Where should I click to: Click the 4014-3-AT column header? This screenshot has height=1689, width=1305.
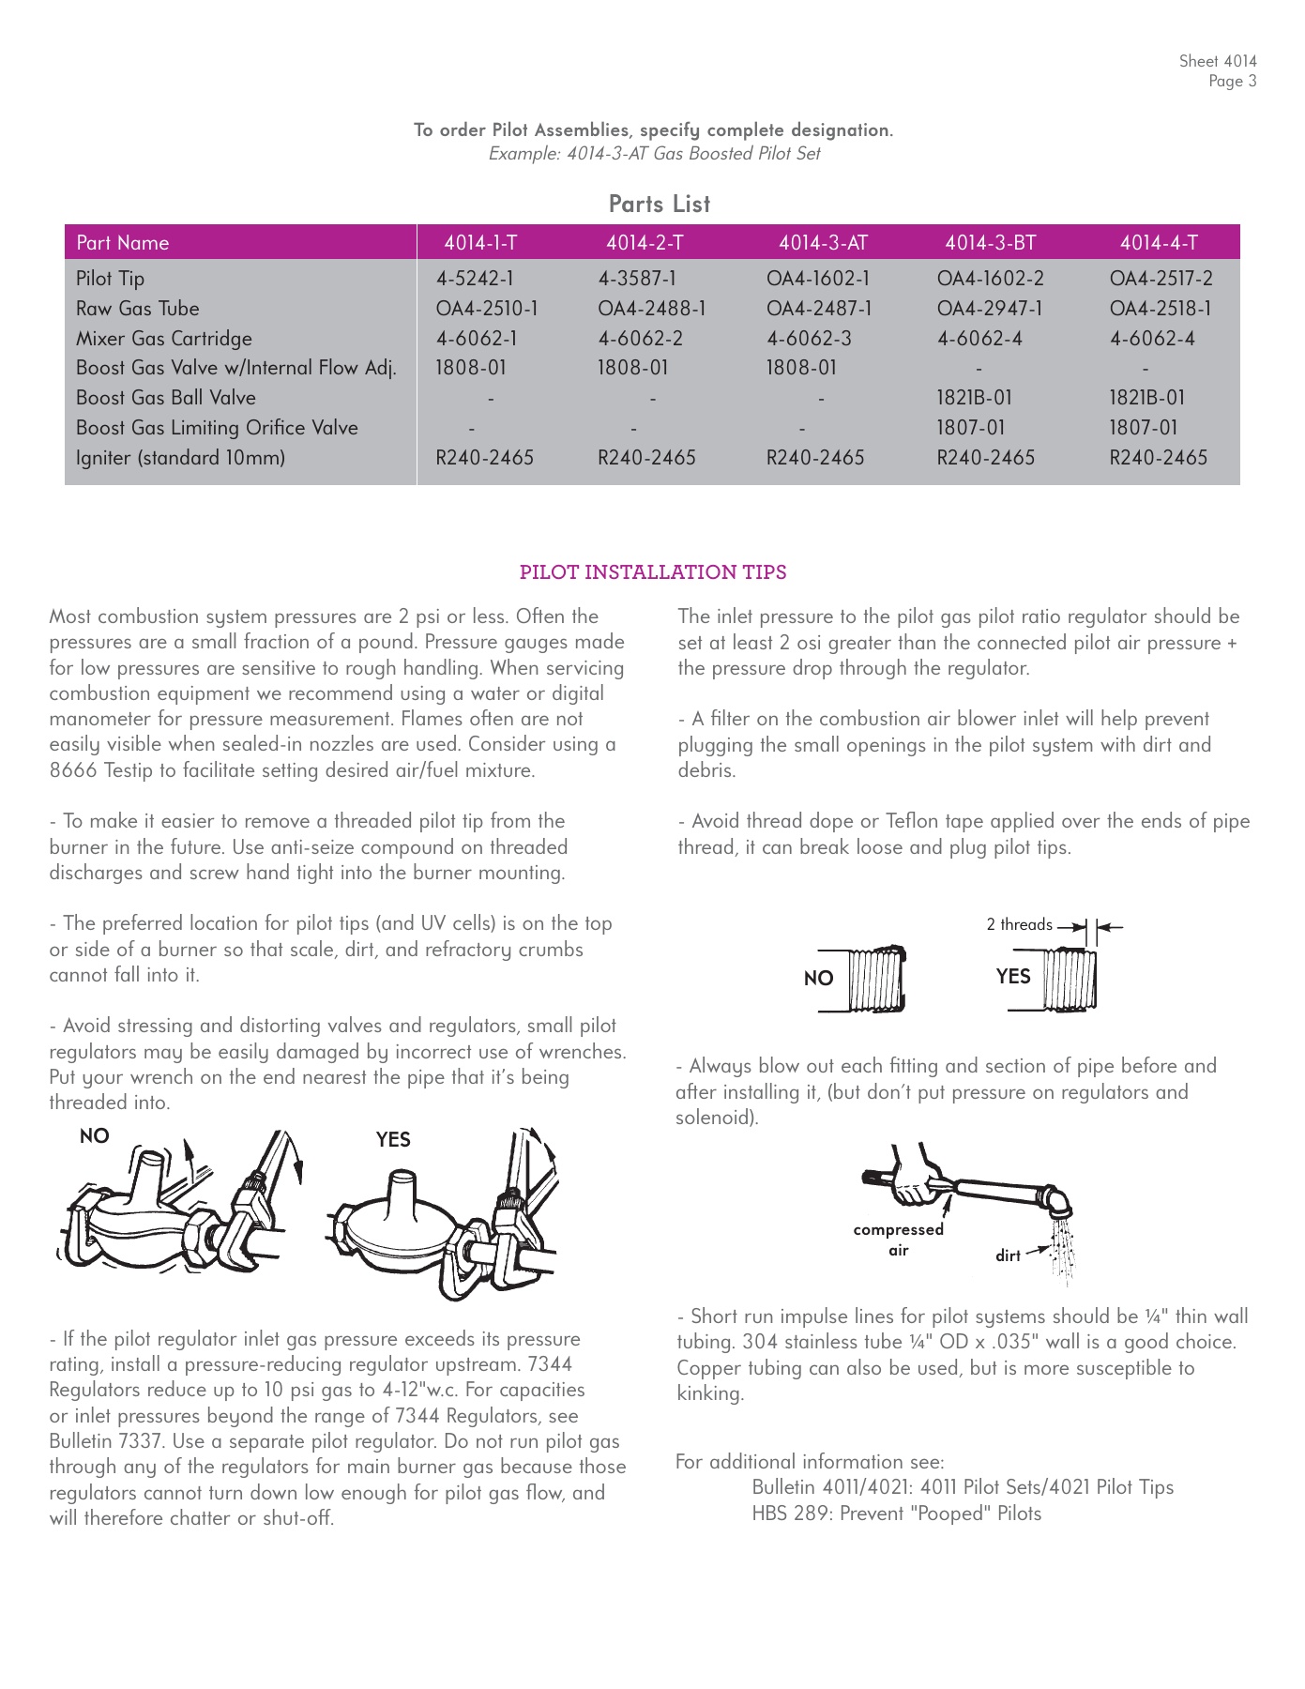(823, 243)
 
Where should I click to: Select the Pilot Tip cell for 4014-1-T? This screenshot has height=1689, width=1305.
(474, 279)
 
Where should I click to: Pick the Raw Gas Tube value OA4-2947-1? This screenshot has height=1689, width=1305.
(989, 309)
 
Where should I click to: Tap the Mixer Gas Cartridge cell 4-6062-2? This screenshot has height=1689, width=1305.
(640, 339)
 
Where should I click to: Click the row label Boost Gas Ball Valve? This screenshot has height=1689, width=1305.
(166, 398)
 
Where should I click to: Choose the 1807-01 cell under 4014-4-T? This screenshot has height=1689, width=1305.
(1143, 428)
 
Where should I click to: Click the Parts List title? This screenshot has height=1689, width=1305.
(660, 204)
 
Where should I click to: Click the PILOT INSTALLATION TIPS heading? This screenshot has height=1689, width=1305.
(653, 572)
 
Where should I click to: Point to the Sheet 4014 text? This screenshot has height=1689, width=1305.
(1217, 61)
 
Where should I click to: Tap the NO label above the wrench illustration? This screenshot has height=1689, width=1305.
(95, 1136)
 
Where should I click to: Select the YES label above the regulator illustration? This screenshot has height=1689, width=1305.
(393, 1139)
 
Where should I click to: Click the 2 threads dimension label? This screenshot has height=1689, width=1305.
(1019, 924)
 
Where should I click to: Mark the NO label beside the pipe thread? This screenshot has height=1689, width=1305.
(818, 979)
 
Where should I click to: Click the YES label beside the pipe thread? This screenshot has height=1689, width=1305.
(1013, 976)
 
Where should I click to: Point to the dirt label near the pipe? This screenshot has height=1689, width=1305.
(1008, 1255)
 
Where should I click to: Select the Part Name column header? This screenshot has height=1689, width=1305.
(123, 243)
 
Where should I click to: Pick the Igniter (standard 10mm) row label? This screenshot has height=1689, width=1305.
(180, 458)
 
